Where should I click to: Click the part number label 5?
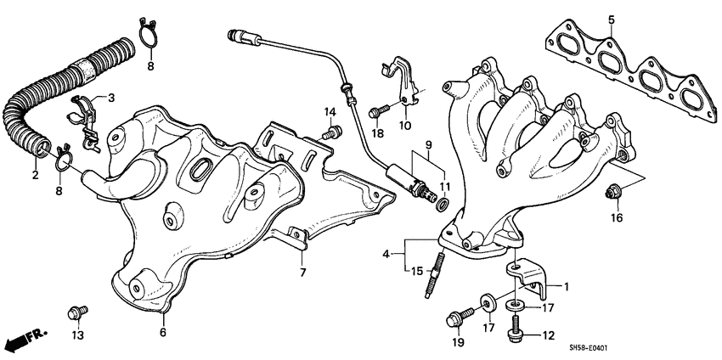coord(610,19)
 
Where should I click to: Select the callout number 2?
coord(36,176)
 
